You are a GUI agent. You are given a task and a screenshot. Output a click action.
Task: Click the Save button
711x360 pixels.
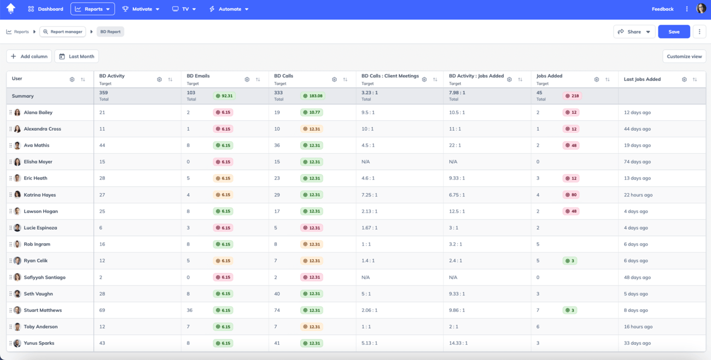(674, 32)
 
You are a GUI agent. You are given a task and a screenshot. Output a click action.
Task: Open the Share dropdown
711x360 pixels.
(634, 32)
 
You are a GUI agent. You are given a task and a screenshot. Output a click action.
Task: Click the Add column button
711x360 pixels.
(29, 56)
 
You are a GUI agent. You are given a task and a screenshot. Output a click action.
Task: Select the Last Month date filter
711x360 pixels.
(77, 56)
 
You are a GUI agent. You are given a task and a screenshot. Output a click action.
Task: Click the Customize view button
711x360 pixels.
(684, 56)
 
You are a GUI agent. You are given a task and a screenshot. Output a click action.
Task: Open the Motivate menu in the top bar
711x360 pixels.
(141, 9)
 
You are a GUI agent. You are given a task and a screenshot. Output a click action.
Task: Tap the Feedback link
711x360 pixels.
(662, 9)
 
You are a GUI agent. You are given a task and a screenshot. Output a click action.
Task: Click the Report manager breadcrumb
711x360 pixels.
(63, 32)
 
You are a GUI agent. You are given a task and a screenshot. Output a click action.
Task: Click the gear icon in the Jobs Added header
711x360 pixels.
(596, 80)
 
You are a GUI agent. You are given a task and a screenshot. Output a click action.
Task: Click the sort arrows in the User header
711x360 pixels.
(83, 80)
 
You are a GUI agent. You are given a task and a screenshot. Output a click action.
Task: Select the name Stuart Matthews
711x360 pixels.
(43, 310)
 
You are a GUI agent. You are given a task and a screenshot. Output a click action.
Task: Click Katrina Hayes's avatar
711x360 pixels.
(18, 195)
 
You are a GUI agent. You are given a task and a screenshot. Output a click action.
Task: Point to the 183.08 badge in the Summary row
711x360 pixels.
(312, 96)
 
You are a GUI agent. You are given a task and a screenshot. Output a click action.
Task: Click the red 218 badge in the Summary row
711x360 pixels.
(572, 96)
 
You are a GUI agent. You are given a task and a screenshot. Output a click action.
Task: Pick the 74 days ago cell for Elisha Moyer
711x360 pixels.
(637, 162)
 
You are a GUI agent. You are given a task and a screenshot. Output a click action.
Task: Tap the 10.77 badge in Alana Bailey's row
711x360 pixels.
(311, 112)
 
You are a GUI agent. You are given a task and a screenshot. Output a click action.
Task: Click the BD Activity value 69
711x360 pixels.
(102, 310)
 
